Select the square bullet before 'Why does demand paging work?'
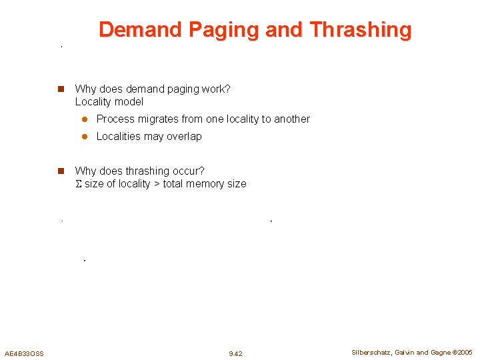point(60,89)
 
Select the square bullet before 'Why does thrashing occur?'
point(60,171)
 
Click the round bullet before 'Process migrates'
point(85,119)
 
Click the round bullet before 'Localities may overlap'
point(85,137)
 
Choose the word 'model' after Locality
point(130,102)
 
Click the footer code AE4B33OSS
point(24,353)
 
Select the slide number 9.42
point(235,353)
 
